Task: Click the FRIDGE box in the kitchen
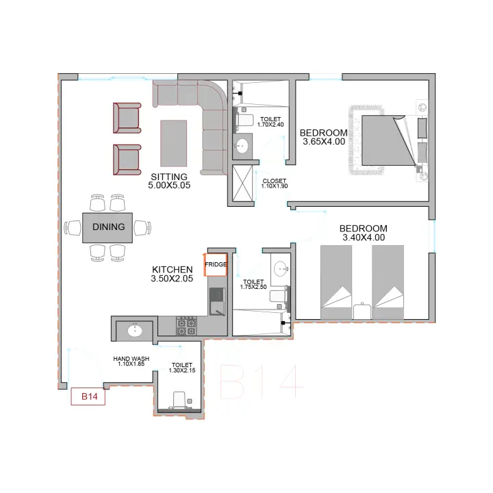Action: point(216,265)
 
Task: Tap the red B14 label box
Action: point(88,396)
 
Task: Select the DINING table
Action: point(108,227)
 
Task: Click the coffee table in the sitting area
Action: point(173,143)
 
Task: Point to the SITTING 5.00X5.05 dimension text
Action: point(169,181)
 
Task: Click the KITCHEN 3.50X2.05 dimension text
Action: point(172,274)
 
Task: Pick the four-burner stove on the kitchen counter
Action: point(186,326)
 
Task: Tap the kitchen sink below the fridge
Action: point(217,301)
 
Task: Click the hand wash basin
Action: point(135,331)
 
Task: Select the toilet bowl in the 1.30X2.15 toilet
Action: point(179,400)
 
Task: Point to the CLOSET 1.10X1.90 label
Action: point(275,184)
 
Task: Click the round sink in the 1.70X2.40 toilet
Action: point(242,147)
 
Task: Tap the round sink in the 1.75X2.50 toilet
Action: point(281,269)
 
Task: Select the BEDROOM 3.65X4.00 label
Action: point(323,137)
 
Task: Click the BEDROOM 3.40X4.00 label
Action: point(364,233)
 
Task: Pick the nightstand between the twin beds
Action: point(362,311)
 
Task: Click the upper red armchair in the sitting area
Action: point(127,118)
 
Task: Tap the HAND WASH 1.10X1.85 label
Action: point(131,362)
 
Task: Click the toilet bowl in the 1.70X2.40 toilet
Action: point(245,121)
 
